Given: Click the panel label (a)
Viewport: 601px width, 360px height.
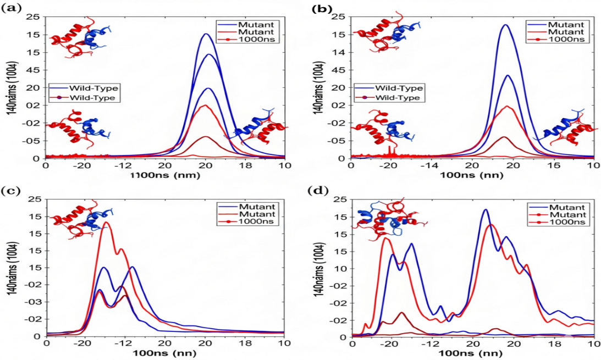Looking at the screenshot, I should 12,8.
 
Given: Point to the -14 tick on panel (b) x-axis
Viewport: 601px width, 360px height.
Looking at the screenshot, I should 431,165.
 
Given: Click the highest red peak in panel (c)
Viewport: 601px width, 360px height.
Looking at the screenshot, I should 106,223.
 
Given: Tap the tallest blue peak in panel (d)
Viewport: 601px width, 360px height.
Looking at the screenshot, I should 486,209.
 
